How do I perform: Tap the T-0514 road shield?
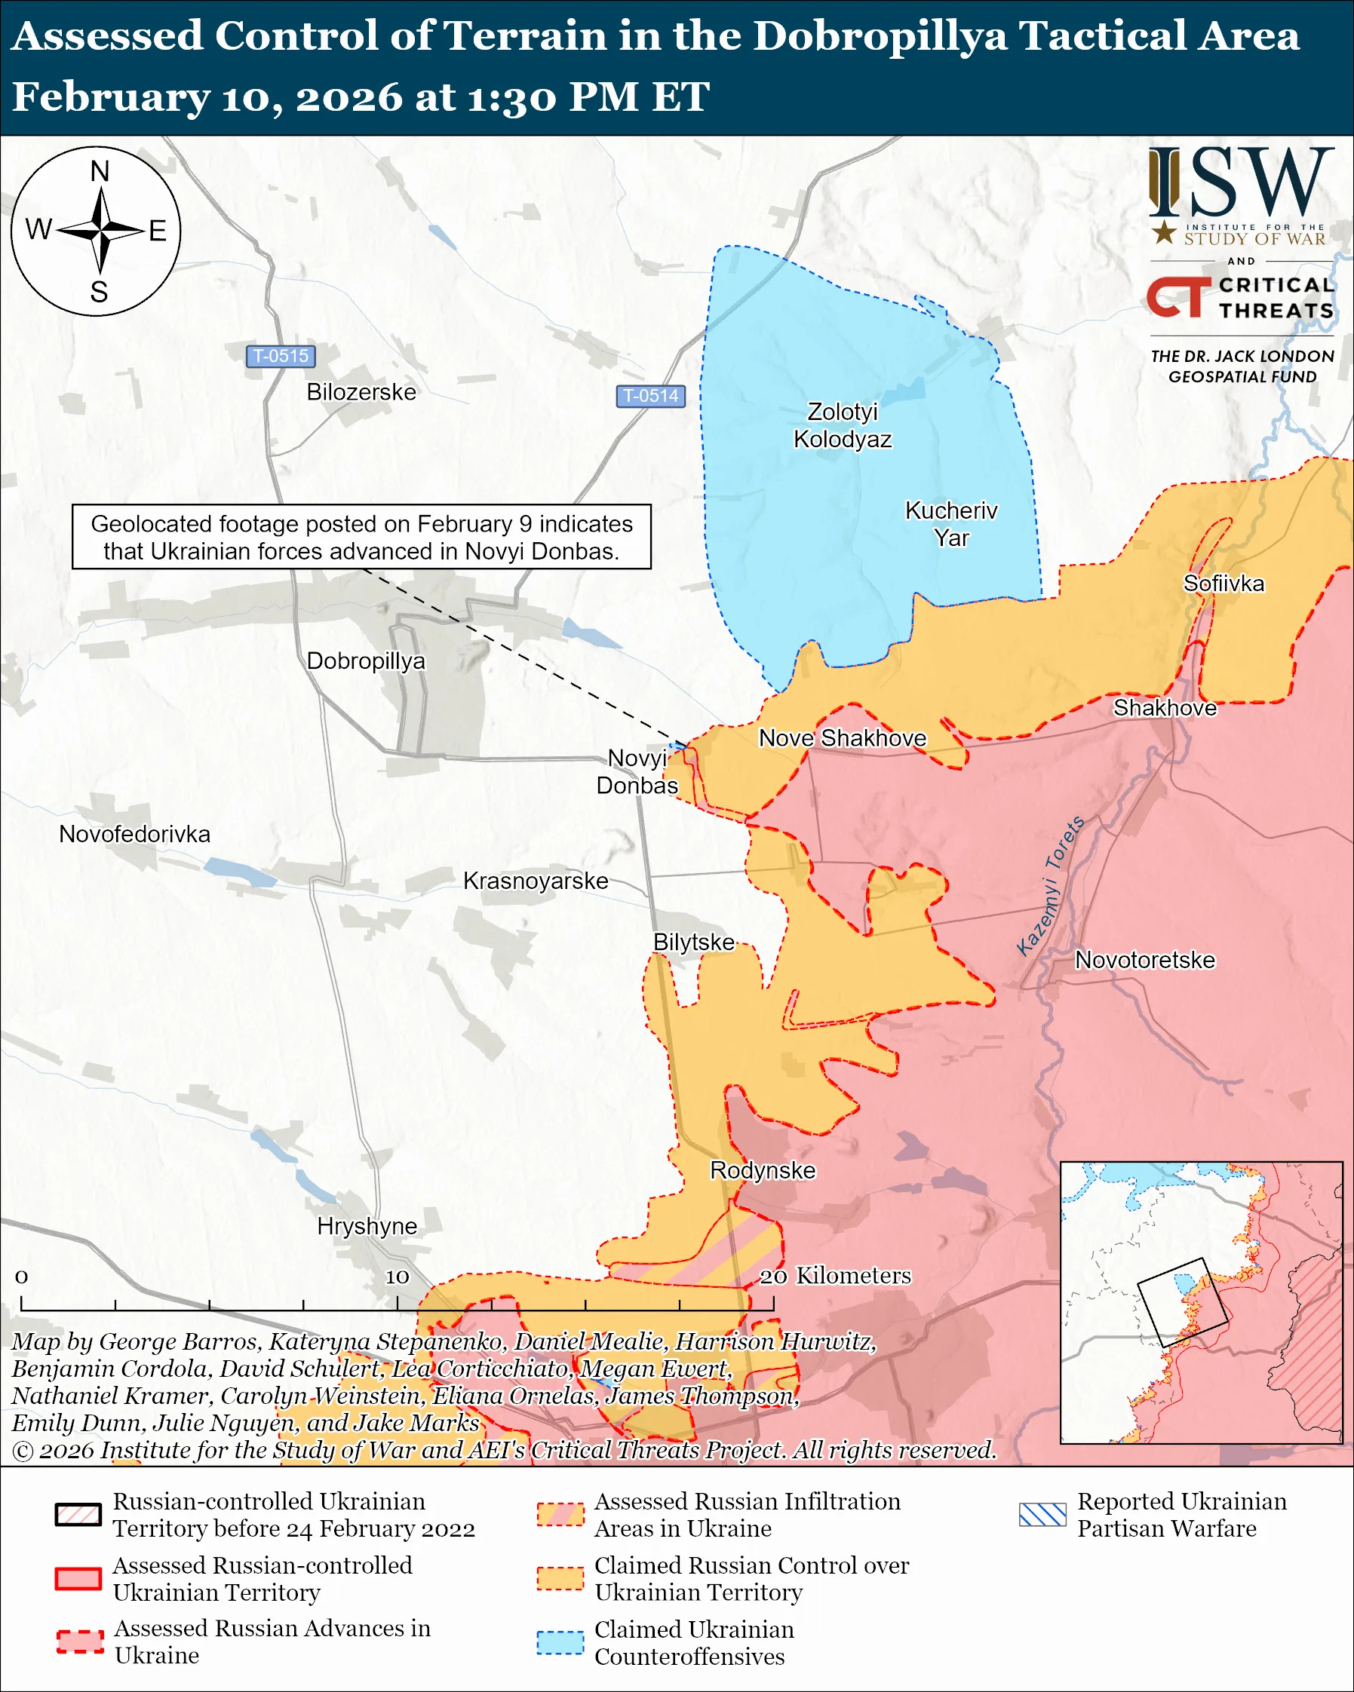(x=650, y=396)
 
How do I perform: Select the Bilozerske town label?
(x=361, y=391)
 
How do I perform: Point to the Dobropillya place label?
(x=366, y=661)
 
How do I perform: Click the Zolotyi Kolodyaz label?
(x=843, y=425)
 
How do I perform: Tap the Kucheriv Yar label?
(x=950, y=524)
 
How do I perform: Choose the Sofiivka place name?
(x=1223, y=583)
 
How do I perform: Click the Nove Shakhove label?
(x=842, y=737)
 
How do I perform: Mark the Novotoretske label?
(x=1144, y=960)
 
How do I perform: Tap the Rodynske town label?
(x=762, y=1170)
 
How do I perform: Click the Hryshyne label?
(x=367, y=1226)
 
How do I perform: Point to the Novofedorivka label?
(x=134, y=834)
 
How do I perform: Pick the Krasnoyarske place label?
(x=536, y=881)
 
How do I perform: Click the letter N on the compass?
(x=100, y=172)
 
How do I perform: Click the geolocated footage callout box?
(x=361, y=537)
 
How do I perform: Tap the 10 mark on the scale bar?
(x=398, y=1277)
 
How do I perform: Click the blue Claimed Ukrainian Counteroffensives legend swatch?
(x=560, y=1643)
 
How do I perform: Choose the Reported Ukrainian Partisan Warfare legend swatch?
(x=1042, y=1515)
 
